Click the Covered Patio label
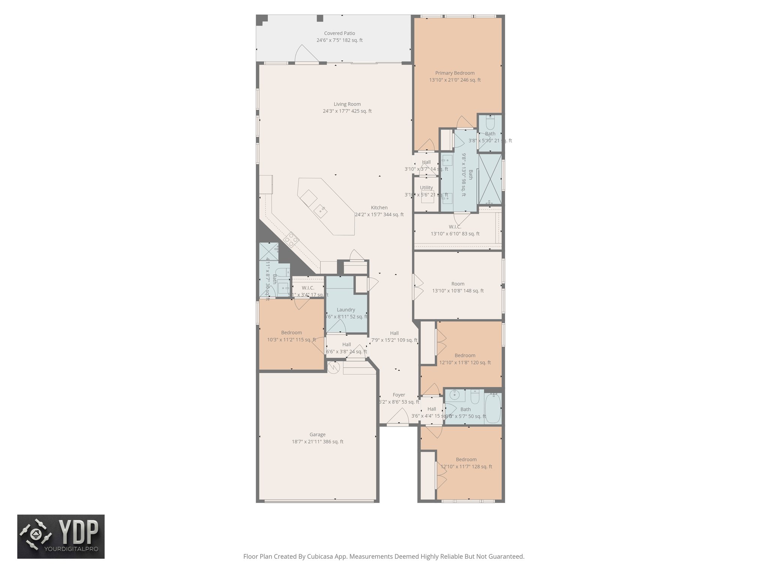tap(339, 33)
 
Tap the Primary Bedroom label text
tap(454, 73)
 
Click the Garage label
tap(317, 435)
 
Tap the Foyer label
tap(399, 395)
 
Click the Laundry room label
tap(345, 310)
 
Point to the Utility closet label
tap(426, 187)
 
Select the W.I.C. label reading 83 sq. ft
tap(454, 227)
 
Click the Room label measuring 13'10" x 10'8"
tap(457, 284)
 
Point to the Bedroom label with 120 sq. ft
tap(465, 355)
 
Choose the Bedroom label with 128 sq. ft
tap(466, 460)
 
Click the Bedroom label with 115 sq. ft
tap(291, 333)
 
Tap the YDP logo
tap(61, 536)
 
